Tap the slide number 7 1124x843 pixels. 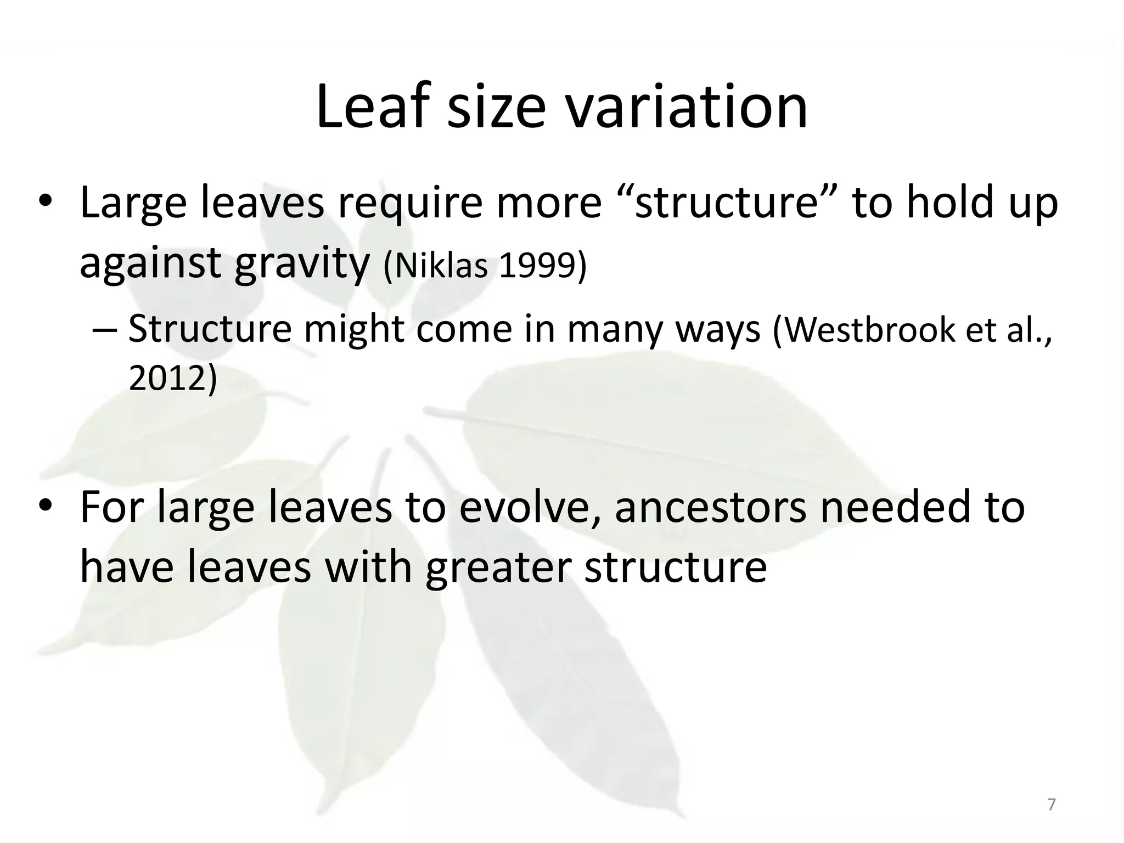pos(1052,805)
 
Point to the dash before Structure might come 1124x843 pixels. pos(104,330)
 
